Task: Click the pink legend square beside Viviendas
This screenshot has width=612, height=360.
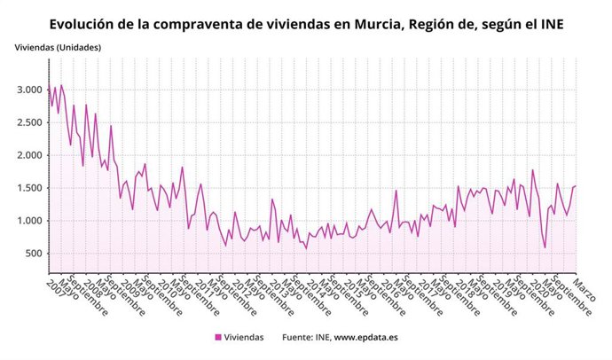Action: (218, 337)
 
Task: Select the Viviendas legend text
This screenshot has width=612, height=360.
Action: (244, 337)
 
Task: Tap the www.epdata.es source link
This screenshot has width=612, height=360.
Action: (366, 337)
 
